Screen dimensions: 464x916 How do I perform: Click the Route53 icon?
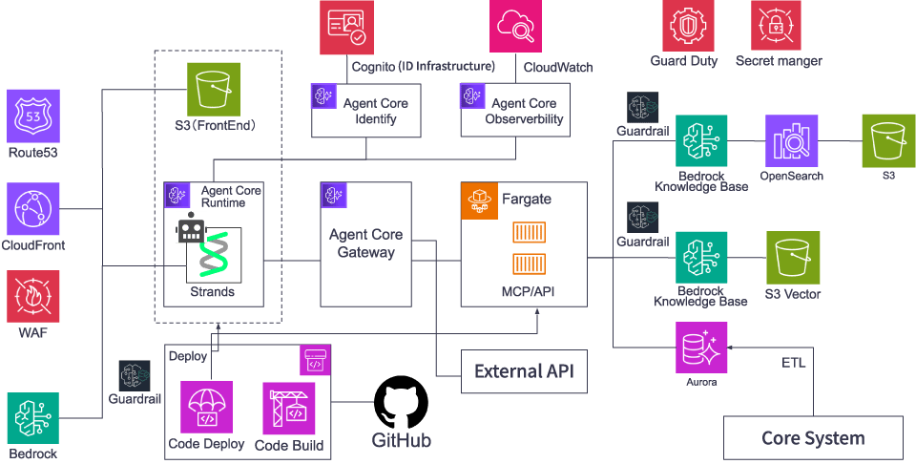[x=33, y=116]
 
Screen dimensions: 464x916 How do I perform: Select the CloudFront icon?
[x=33, y=209]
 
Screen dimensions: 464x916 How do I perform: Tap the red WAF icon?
[x=33, y=296]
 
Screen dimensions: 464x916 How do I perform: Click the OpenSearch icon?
[x=791, y=141]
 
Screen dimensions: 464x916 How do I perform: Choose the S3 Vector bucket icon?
[x=793, y=258]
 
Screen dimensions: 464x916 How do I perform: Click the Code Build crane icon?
[x=288, y=408]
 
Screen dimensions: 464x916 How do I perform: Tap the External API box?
[x=524, y=371]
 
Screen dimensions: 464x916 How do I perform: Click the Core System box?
[x=813, y=438]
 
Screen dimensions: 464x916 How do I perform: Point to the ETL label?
[x=794, y=363]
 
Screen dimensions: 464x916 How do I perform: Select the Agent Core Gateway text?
[x=365, y=243]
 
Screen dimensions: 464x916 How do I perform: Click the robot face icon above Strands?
[x=192, y=227]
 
